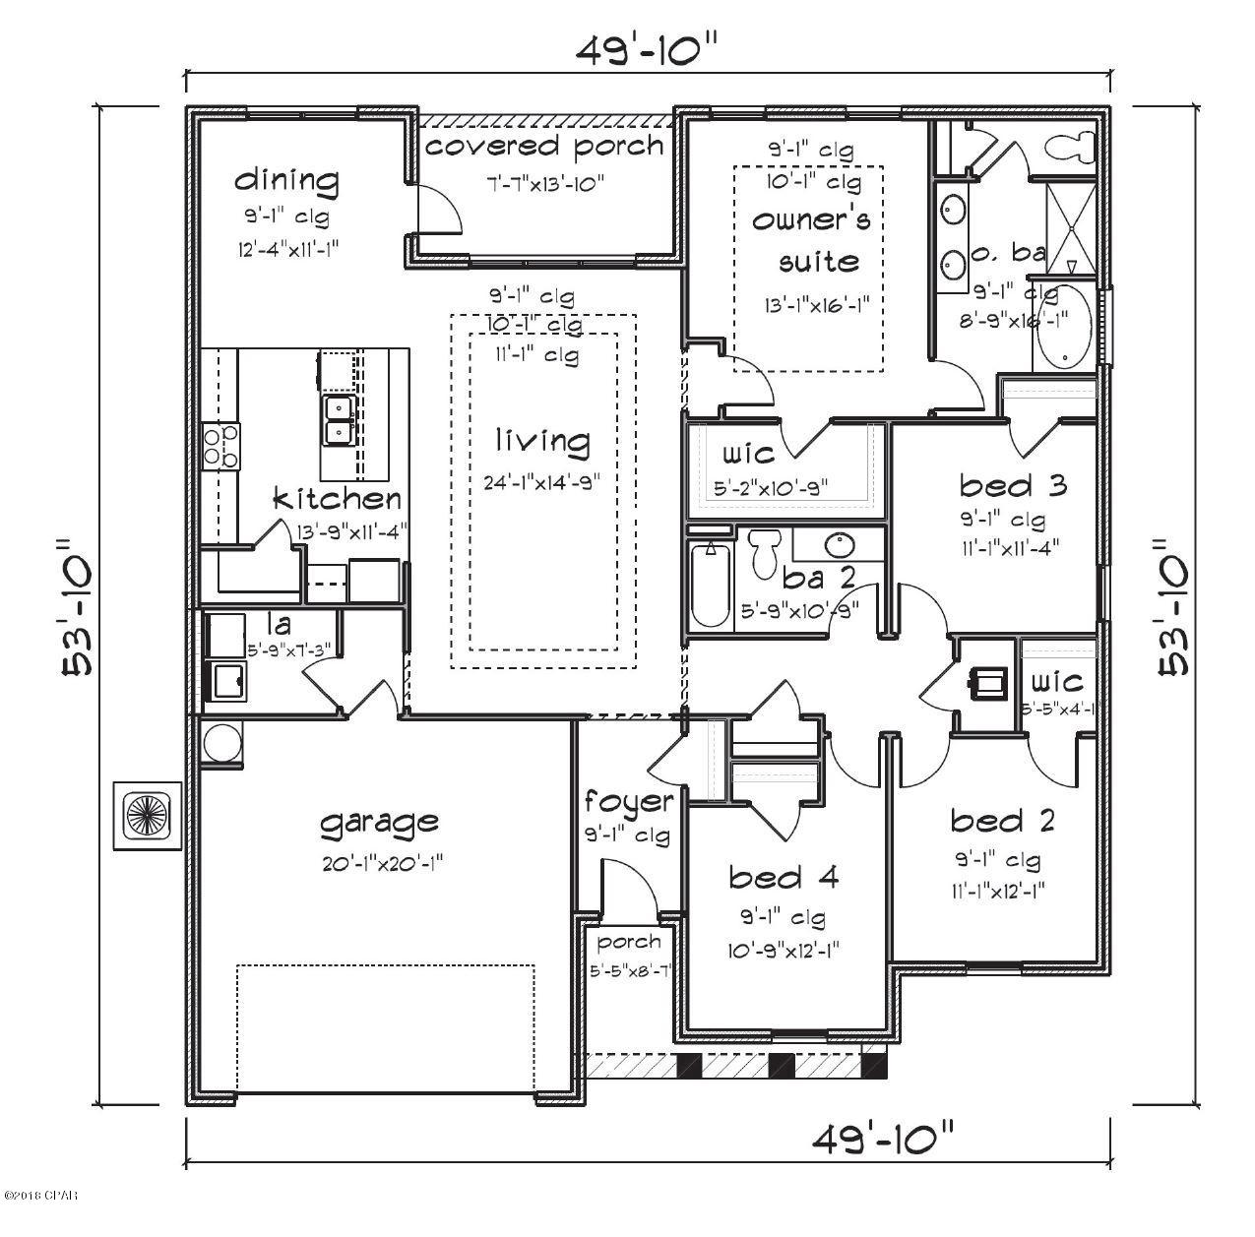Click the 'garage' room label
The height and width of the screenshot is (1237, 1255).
point(379,822)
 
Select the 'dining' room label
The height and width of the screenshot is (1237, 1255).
point(286,180)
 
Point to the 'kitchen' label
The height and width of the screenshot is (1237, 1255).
point(337,499)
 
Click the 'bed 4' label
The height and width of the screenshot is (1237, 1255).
point(784,877)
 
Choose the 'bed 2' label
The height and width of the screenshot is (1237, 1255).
point(1002,820)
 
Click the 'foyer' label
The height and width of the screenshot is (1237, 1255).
point(628,802)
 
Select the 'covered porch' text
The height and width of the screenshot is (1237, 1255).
point(544,147)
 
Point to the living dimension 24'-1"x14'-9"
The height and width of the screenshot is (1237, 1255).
point(542,483)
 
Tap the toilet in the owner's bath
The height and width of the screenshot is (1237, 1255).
point(1074,147)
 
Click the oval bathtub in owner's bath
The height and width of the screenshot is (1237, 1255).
point(1065,329)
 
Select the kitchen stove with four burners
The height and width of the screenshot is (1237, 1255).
point(220,445)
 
